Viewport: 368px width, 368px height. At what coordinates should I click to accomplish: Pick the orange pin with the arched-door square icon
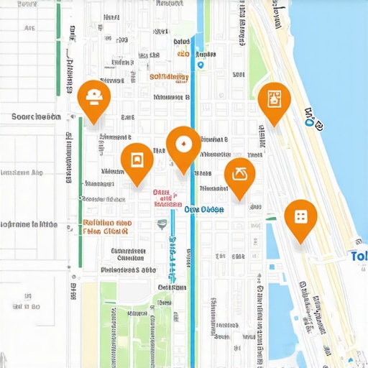137,160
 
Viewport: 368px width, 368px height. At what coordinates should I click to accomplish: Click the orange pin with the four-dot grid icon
300,216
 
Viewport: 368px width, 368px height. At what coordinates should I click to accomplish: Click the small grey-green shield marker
162,224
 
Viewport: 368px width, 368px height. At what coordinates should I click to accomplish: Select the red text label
165,198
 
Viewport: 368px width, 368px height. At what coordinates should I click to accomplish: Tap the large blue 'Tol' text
358,256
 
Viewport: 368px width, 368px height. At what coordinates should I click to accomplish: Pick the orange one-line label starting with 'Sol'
169,76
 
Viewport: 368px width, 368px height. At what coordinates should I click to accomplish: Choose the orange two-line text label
106,227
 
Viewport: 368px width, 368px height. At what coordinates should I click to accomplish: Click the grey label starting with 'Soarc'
36,116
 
